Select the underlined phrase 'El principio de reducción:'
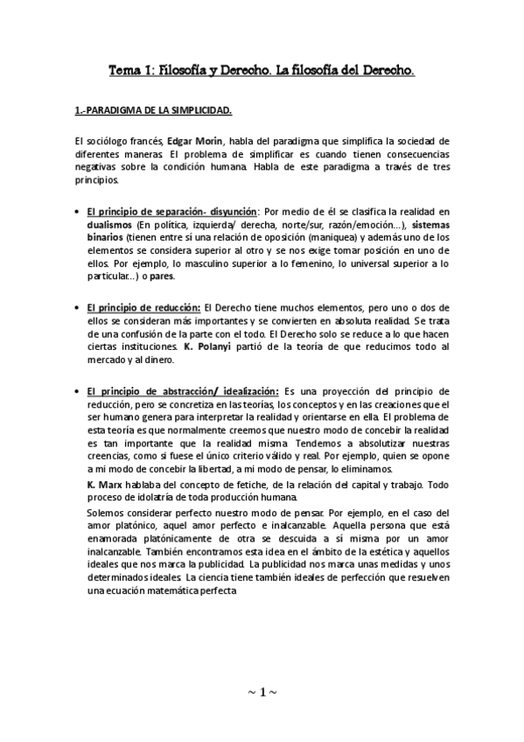(143, 308)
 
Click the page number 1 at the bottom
(262, 693)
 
